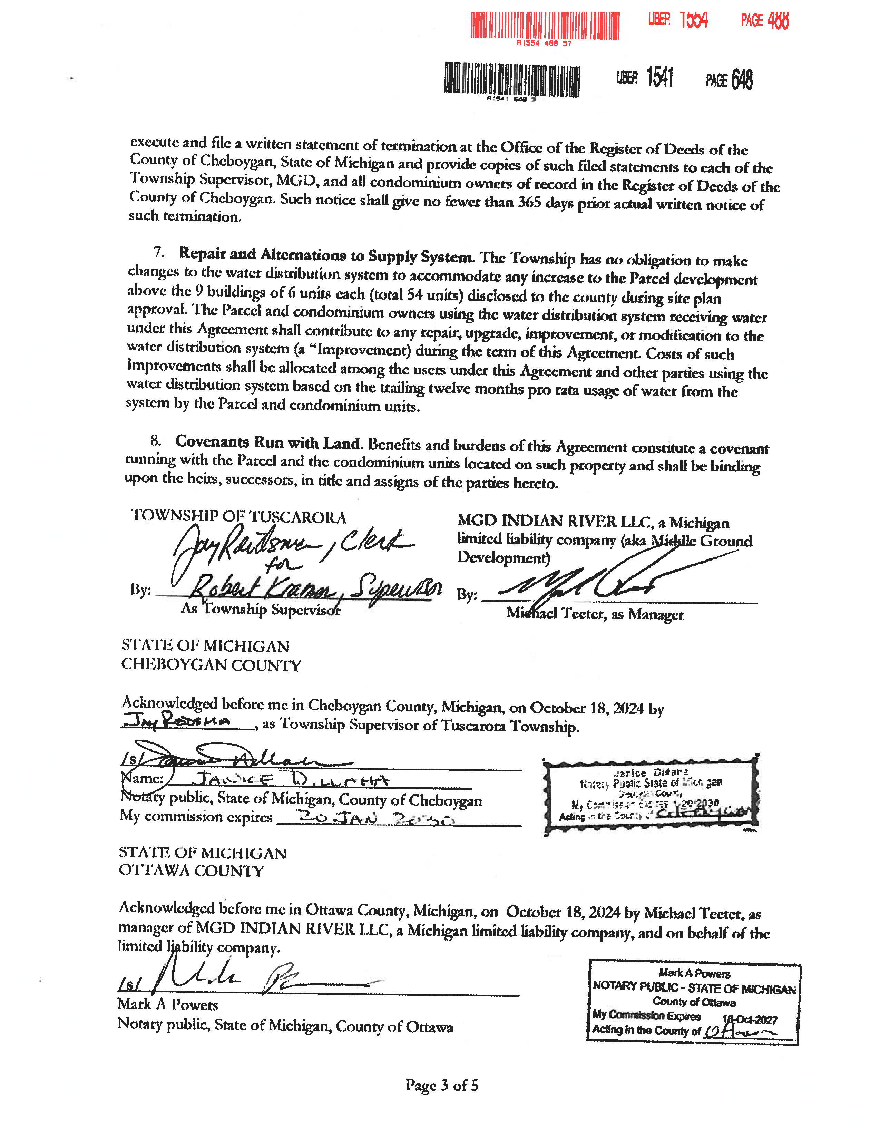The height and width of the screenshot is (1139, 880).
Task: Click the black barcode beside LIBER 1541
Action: pyautogui.click(x=511, y=80)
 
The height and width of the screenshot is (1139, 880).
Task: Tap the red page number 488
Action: pyautogui.click(x=778, y=21)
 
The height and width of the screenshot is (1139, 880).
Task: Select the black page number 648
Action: pyautogui.click(x=741, y=80)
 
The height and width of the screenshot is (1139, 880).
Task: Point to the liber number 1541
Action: pyautogui.click(x=660, y=78)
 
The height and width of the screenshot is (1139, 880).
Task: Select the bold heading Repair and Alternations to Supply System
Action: pyautogui.click(x=326, y=255)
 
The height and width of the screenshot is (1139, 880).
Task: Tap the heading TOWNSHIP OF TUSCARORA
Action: pyautogui.click(x=239, y=516)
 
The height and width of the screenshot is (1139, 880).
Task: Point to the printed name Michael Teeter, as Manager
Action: pyautogui.click(x=595, y=614)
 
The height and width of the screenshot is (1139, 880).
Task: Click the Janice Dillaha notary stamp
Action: pyautogui.click(x=651, y=794)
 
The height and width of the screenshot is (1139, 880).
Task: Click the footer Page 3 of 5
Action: pyautogui.click(x=442, y=1085)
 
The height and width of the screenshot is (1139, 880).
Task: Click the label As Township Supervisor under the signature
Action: pyautogui.click(x=261, y=609)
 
